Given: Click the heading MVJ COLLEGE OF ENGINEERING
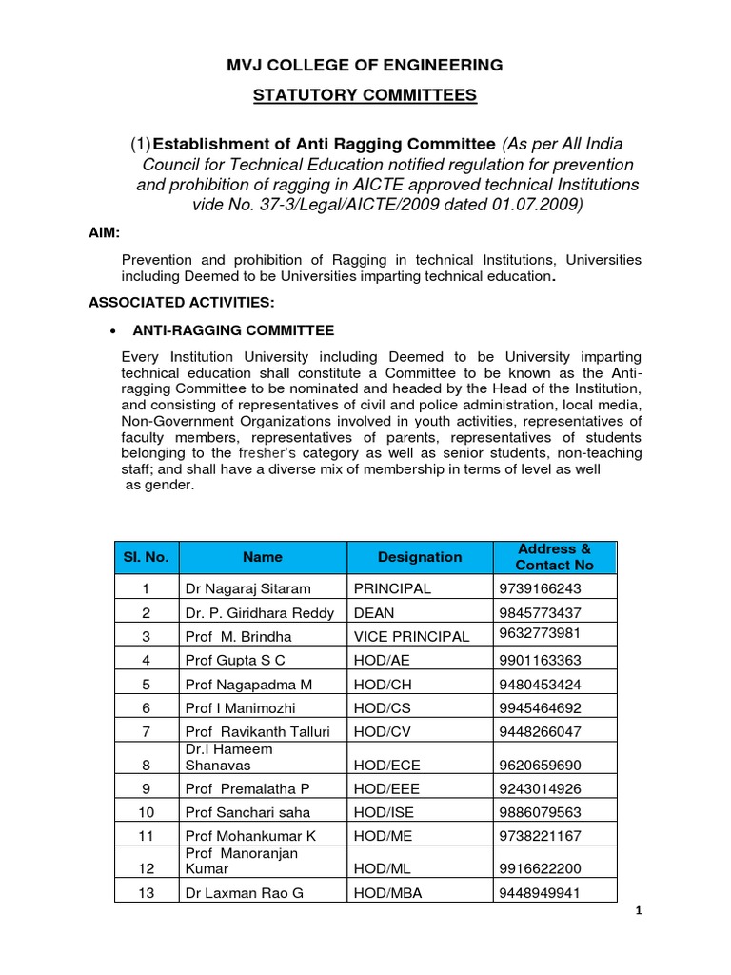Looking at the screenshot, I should [365, 65].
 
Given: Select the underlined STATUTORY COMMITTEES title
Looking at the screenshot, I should [365, 95].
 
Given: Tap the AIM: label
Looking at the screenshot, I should [105, 232].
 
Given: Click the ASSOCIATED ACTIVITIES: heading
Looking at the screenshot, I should [181, 303].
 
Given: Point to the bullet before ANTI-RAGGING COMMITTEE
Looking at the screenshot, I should [114, 331].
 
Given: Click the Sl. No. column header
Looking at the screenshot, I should [147, 557].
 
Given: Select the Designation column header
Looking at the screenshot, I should [420, 557].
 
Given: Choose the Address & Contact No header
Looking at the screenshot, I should [555, 557].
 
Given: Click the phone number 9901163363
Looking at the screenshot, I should [539, 660].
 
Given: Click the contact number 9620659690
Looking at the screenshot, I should [539, 766].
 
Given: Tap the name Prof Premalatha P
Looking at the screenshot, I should [247, 788].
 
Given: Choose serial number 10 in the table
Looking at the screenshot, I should [147, 812].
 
